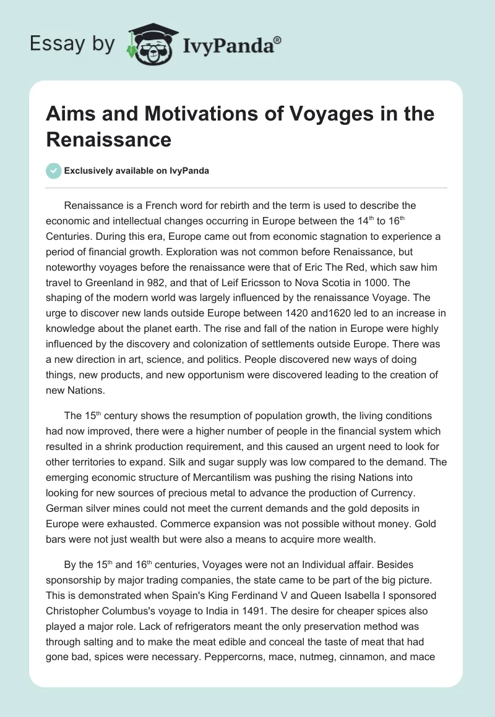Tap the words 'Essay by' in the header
pos(71,44)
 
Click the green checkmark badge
pos(54,171)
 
